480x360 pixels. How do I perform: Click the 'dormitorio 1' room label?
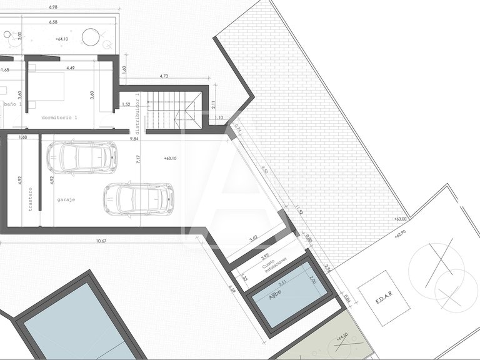pos(59,117)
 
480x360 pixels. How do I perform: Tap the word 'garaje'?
pos(66,200)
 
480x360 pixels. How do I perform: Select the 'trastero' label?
pos(30,199)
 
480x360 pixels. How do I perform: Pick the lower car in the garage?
pos(138,199)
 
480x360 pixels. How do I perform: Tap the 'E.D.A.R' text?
pos(383,298)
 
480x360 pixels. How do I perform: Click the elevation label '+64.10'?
pos(61,39)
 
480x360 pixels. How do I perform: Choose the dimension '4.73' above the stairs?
pos(164,76)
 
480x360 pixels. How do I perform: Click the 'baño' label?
pos(9,104)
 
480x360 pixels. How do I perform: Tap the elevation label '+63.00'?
pos(400,219)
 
